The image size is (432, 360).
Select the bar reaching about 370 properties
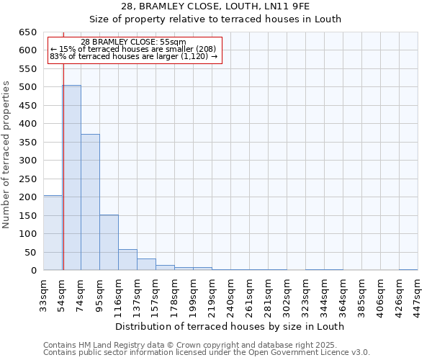click(90, 202)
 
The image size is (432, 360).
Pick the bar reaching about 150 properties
click(109, 242)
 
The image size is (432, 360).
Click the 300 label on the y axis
click(27, 161)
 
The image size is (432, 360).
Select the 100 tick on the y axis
click(27, 234)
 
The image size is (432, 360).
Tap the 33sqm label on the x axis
click(44, 294)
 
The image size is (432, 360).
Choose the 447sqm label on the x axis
click(418, 294)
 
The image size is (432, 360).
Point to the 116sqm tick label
click(119, 294)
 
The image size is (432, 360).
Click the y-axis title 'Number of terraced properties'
click(7, 154)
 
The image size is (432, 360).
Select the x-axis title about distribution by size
click(230, 326)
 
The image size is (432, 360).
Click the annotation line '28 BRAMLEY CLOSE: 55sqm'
click(133, 42)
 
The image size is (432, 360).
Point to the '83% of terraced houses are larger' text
click(133, 56)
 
